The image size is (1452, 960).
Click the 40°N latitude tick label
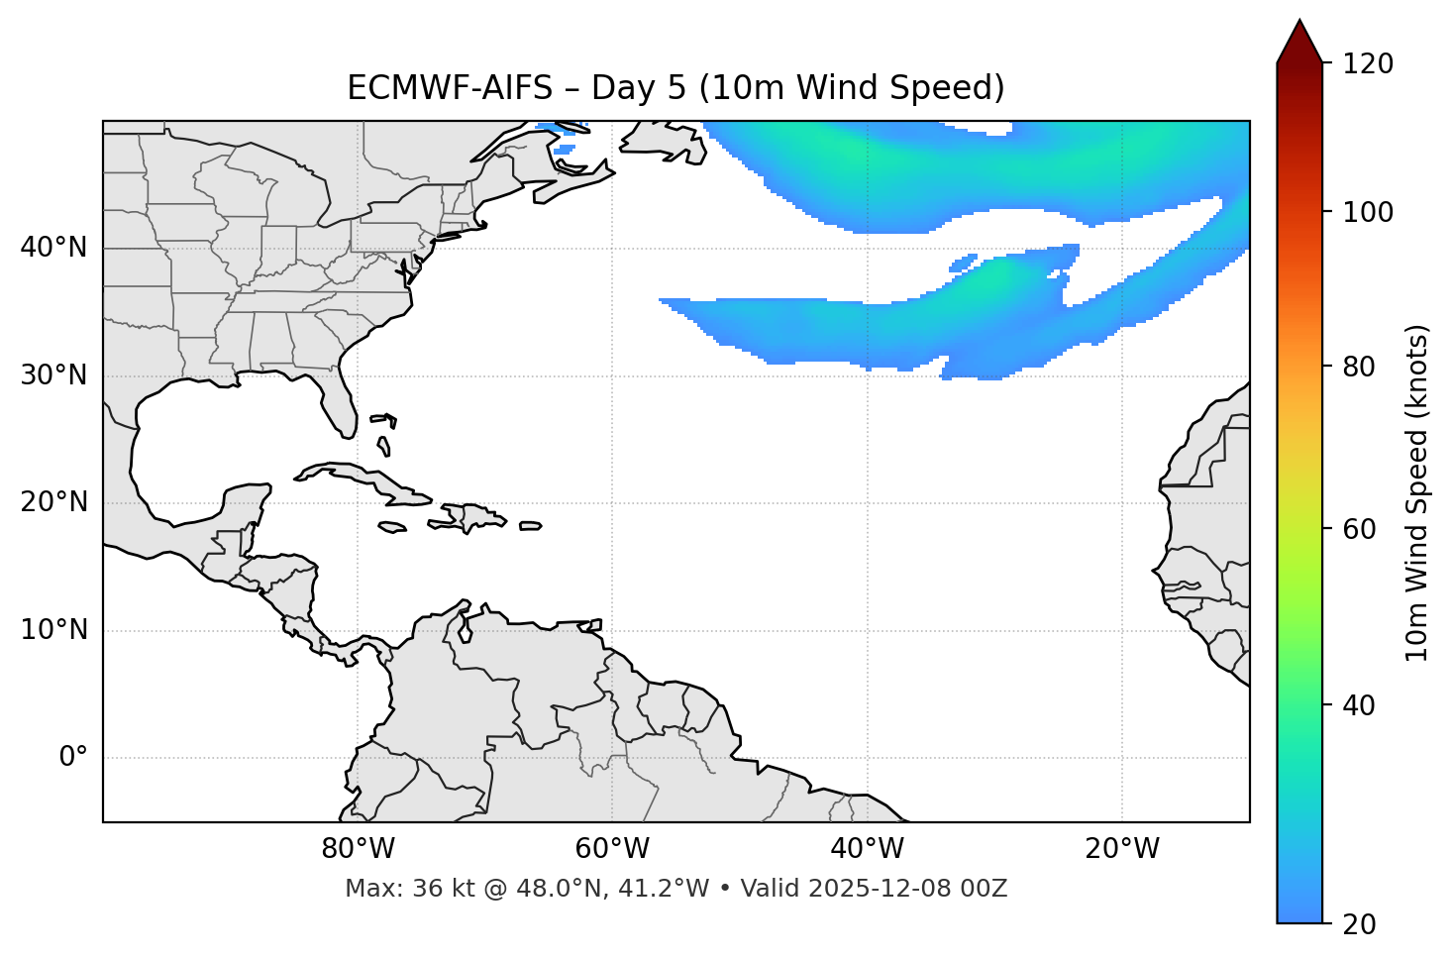coord(53,248)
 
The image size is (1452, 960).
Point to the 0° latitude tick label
coord(73,758)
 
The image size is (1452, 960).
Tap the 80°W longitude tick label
coord(358,849)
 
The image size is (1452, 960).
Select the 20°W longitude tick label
coord(1122,849)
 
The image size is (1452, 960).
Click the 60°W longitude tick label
coord(612,849)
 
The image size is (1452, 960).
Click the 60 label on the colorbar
coord(1358,529)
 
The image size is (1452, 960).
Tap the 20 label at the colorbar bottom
coord(1358,924)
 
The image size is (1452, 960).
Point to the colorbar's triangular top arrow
coord(1299,43)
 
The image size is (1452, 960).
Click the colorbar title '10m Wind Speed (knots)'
coord(1417,492)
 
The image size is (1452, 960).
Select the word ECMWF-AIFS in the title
coord(450,88)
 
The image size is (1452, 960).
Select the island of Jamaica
coord(392,527)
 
